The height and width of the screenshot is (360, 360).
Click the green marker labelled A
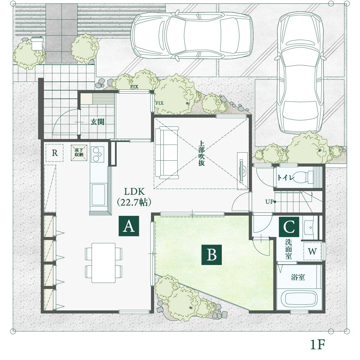click(x=129, y=226)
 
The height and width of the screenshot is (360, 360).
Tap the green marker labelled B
click(x=211, y=255)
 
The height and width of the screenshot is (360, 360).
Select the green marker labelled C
click(x=289, y=227)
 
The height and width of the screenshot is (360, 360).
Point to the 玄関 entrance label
click(x=97, y=122)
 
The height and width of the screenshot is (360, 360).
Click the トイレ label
click(x=285, y=178)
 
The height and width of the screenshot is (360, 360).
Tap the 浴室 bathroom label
click(x=298, y=277)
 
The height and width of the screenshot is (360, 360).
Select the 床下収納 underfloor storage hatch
click(x=79, y=153)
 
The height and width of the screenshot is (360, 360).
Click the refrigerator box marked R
click(x=54, y=153)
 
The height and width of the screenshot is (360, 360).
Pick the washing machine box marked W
click(x=312, y=252)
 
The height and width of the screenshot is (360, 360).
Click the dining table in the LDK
click(x=104, y=263)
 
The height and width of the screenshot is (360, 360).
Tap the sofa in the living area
click(x=167, y=153)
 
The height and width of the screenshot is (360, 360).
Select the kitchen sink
click(x=98, y=194)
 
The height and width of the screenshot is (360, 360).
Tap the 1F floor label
click(x=318, y=344)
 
